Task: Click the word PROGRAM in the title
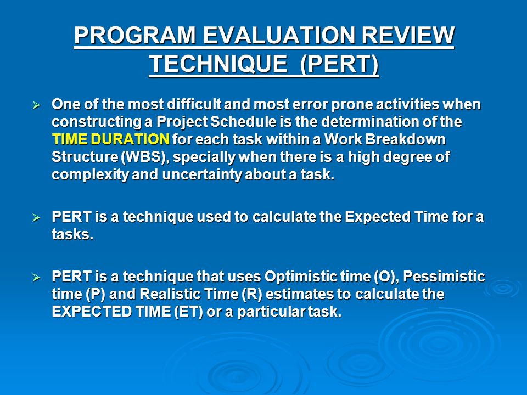pyautogui.click(x=135, y=35)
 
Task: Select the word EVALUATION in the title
pyautogui.click(x=279, y=35)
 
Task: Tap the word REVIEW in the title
pyautogui.click(x=408, y=35)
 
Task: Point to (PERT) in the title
pyautogui.click(x=339, y=64)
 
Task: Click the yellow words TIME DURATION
pyautogui.click(x=111, y=139)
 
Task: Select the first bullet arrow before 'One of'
pyautogui.click(x=36, y=105)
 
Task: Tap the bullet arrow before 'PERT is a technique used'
pyautogui.click(x=36, y=218)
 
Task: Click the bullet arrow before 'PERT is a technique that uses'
pyautogui.click(x=36, y=278)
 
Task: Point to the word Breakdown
pyautogui.click(x=405, y=139)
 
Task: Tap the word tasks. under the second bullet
pyautogui.click(x=72, y=234)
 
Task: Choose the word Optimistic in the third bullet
pyautogui.click(x=301, y=276)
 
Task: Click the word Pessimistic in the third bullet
pyautogui.click(x=444, y=276)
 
